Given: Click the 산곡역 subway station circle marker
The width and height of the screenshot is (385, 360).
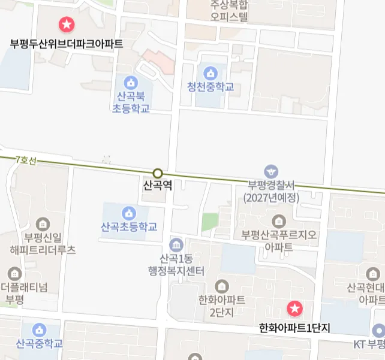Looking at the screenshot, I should (158, 174).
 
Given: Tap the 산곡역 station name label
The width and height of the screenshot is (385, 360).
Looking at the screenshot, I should (158, 186).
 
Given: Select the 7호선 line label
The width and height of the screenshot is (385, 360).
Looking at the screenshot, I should (26, 160).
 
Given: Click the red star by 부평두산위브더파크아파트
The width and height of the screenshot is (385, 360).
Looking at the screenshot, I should (66, 25).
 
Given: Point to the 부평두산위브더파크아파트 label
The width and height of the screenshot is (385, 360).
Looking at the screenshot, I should (67, 44).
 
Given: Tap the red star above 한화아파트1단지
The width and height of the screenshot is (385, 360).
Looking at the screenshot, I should (294, 309).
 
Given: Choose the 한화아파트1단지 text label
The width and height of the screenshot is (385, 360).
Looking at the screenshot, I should (294, 328).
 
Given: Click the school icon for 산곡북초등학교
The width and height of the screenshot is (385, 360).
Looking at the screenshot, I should (130, 82).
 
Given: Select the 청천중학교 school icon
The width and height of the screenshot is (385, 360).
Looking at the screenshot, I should (210, 74).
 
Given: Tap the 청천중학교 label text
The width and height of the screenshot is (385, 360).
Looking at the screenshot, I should (210, 87).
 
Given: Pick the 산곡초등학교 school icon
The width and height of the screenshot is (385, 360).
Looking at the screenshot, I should (128, 213).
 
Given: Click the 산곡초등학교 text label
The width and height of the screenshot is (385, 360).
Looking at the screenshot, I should (129, 227).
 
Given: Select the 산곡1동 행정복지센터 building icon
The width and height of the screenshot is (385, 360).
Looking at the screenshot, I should (176, 245).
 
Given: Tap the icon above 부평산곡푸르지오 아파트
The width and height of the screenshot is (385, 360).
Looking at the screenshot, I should (278, 220).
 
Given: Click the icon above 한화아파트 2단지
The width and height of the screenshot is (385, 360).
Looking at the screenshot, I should (222, 286).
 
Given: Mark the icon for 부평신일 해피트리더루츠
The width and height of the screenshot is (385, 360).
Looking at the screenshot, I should (43, 225).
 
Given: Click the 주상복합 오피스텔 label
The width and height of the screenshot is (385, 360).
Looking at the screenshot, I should (228, 10).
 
